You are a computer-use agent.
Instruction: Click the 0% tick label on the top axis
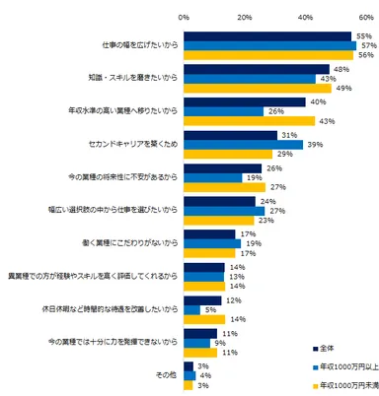[184, 18]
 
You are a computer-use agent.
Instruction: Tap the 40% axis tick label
[306, 18]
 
